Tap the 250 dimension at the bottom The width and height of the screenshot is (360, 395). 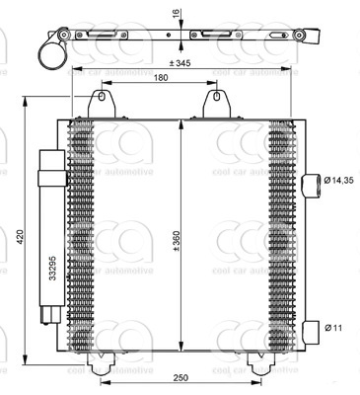(181, 377)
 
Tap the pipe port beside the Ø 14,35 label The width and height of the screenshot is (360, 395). (309, 181)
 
